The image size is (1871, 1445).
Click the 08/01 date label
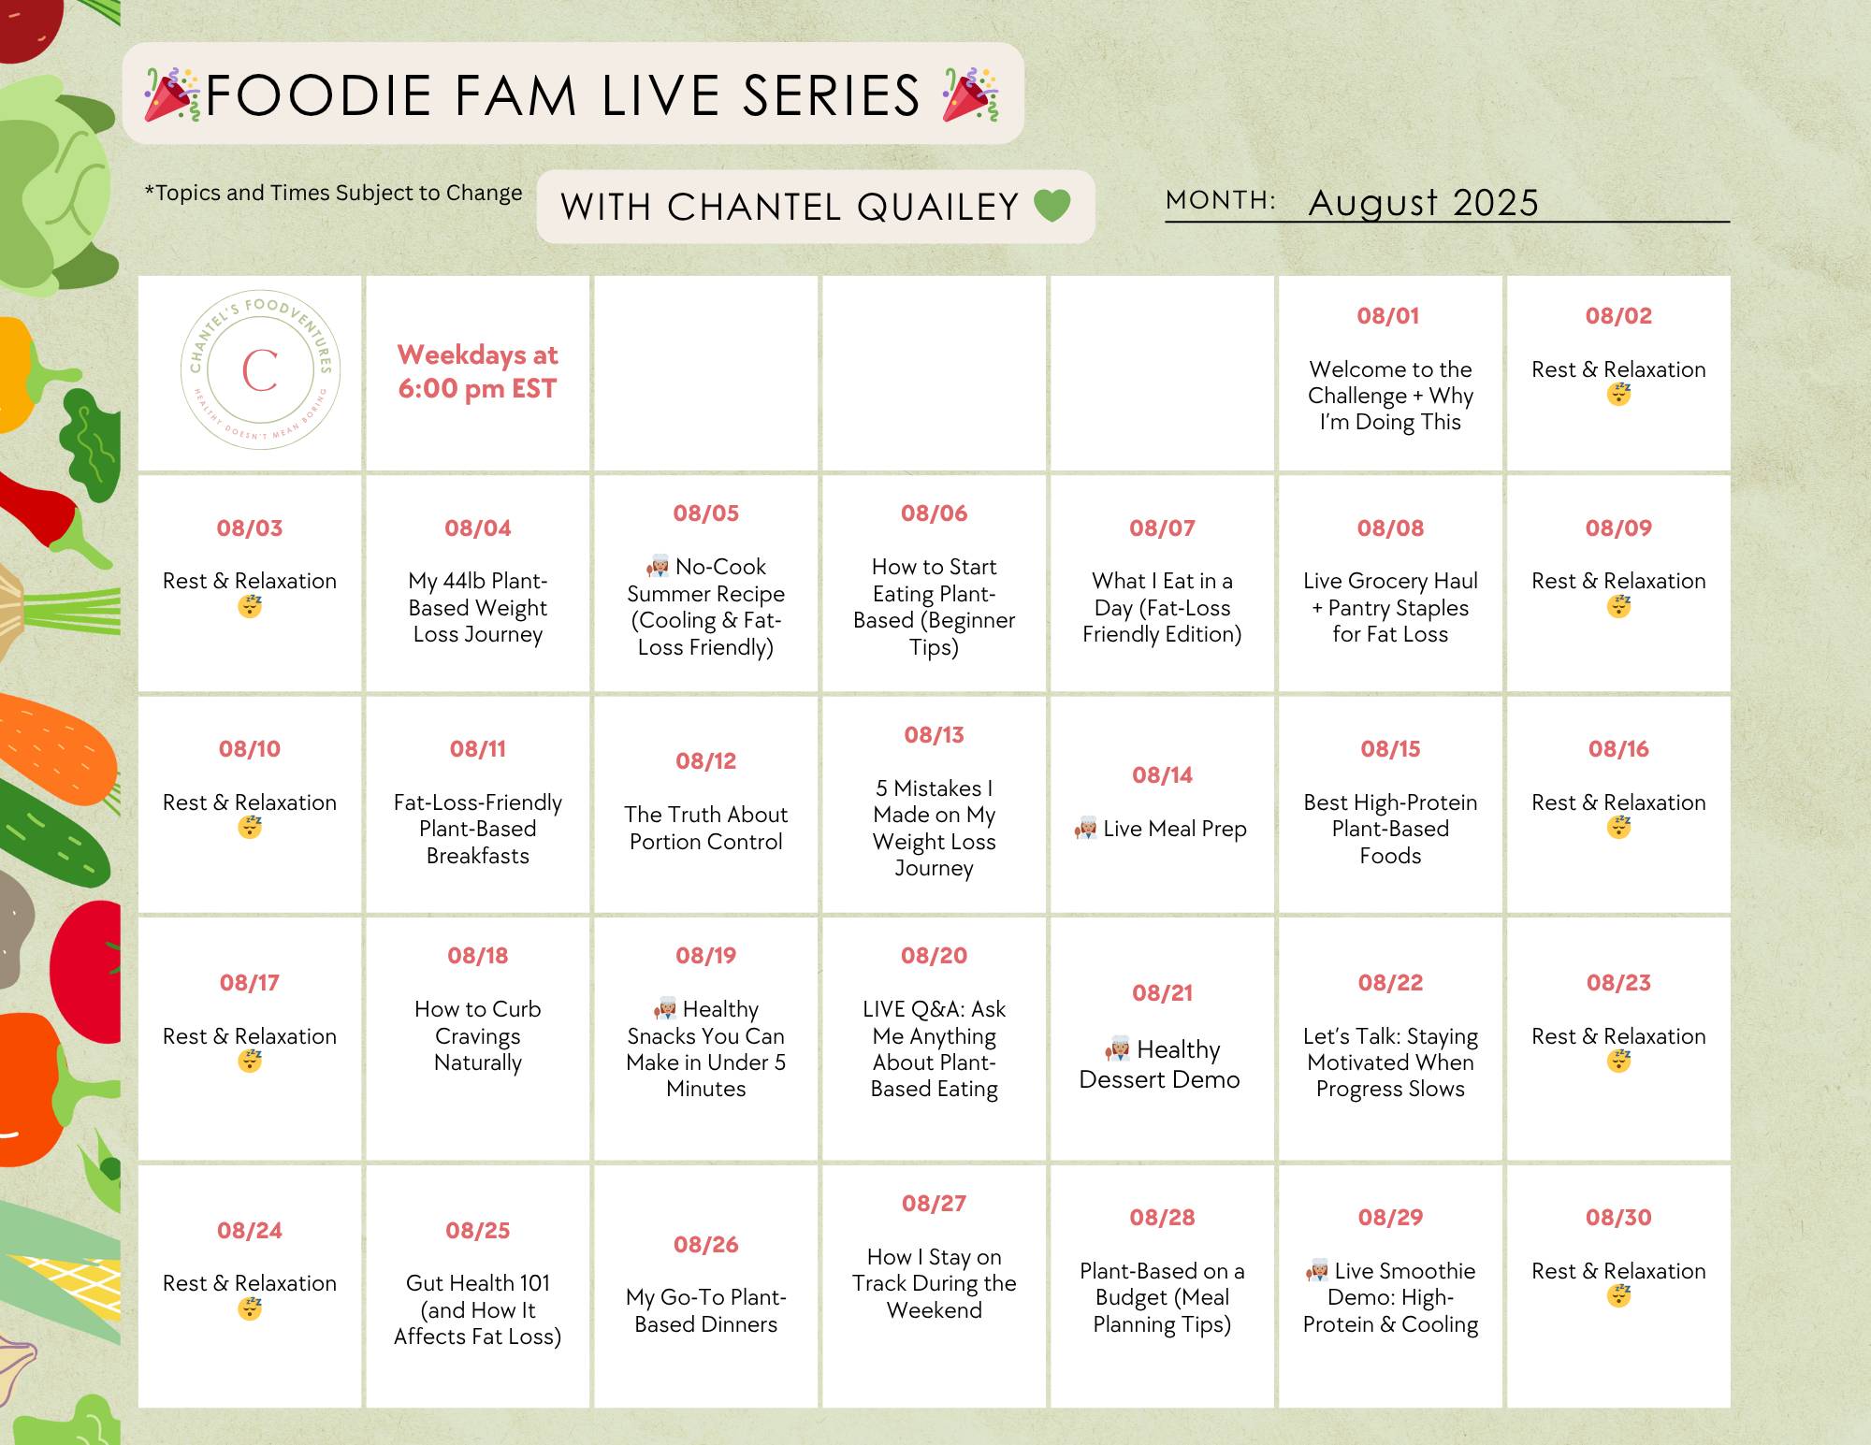coord(1388,316)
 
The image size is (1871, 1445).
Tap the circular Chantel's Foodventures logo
coord(260,369)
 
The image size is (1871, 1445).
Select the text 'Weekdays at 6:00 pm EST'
coord(477,371)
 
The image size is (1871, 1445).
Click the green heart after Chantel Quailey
coord(1052,206)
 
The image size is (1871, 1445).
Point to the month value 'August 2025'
coord(1423,202)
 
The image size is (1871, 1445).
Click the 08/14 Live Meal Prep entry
coord(1161,829)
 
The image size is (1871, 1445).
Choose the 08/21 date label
coord(1162,992)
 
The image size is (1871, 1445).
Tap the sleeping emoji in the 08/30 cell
coord(1618,1296)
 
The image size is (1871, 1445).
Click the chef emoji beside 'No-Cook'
coord(658,567)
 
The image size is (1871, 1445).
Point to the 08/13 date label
coord(934,734)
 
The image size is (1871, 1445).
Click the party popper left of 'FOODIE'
coord(172,94)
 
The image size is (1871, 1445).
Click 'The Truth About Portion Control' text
coord(706,828)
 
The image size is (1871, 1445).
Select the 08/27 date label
coord(934,1203)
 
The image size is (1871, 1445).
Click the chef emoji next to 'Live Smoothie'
coord(1317,1271)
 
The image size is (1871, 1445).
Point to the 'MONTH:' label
coord(1221,200)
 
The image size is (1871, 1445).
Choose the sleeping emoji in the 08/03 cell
coord(249,606)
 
